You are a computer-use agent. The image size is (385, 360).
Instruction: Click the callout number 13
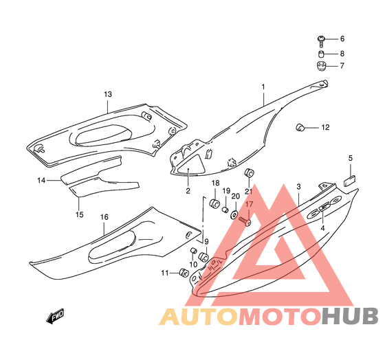(x=108, y=94)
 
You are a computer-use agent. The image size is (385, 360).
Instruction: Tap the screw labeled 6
(x=321, y=41)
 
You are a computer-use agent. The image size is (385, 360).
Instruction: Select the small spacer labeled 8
(x=321, y=54)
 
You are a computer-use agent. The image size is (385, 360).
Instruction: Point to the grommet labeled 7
(x=321, y=66)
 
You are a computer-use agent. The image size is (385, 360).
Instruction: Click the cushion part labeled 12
(x=300, y=127)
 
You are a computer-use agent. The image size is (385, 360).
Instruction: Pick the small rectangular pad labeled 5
(x=349, y=182)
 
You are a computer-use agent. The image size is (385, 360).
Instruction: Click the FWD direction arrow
(x=55, y=316)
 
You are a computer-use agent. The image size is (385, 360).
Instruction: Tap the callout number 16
(x=104, y=217)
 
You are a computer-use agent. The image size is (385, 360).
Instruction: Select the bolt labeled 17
(x=245, y=221)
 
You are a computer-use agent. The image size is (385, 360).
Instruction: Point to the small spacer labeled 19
(x=225, y=210)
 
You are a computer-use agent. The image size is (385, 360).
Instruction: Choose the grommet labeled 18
(x=214, y=203)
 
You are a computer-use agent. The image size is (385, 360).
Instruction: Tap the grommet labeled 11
(x=184, y=272)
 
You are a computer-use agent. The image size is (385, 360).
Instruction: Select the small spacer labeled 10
(x=194, y=251)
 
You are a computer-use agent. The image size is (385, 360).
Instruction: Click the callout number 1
(x=263, y=87)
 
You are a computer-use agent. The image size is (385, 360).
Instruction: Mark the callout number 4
(x=322, y=228)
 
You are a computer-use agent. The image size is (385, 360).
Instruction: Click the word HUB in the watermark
(x=350, y=316)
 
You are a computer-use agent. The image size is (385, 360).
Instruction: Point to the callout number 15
(x=79, y=214)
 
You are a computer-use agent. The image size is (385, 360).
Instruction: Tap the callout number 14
(x=41, y=181)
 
